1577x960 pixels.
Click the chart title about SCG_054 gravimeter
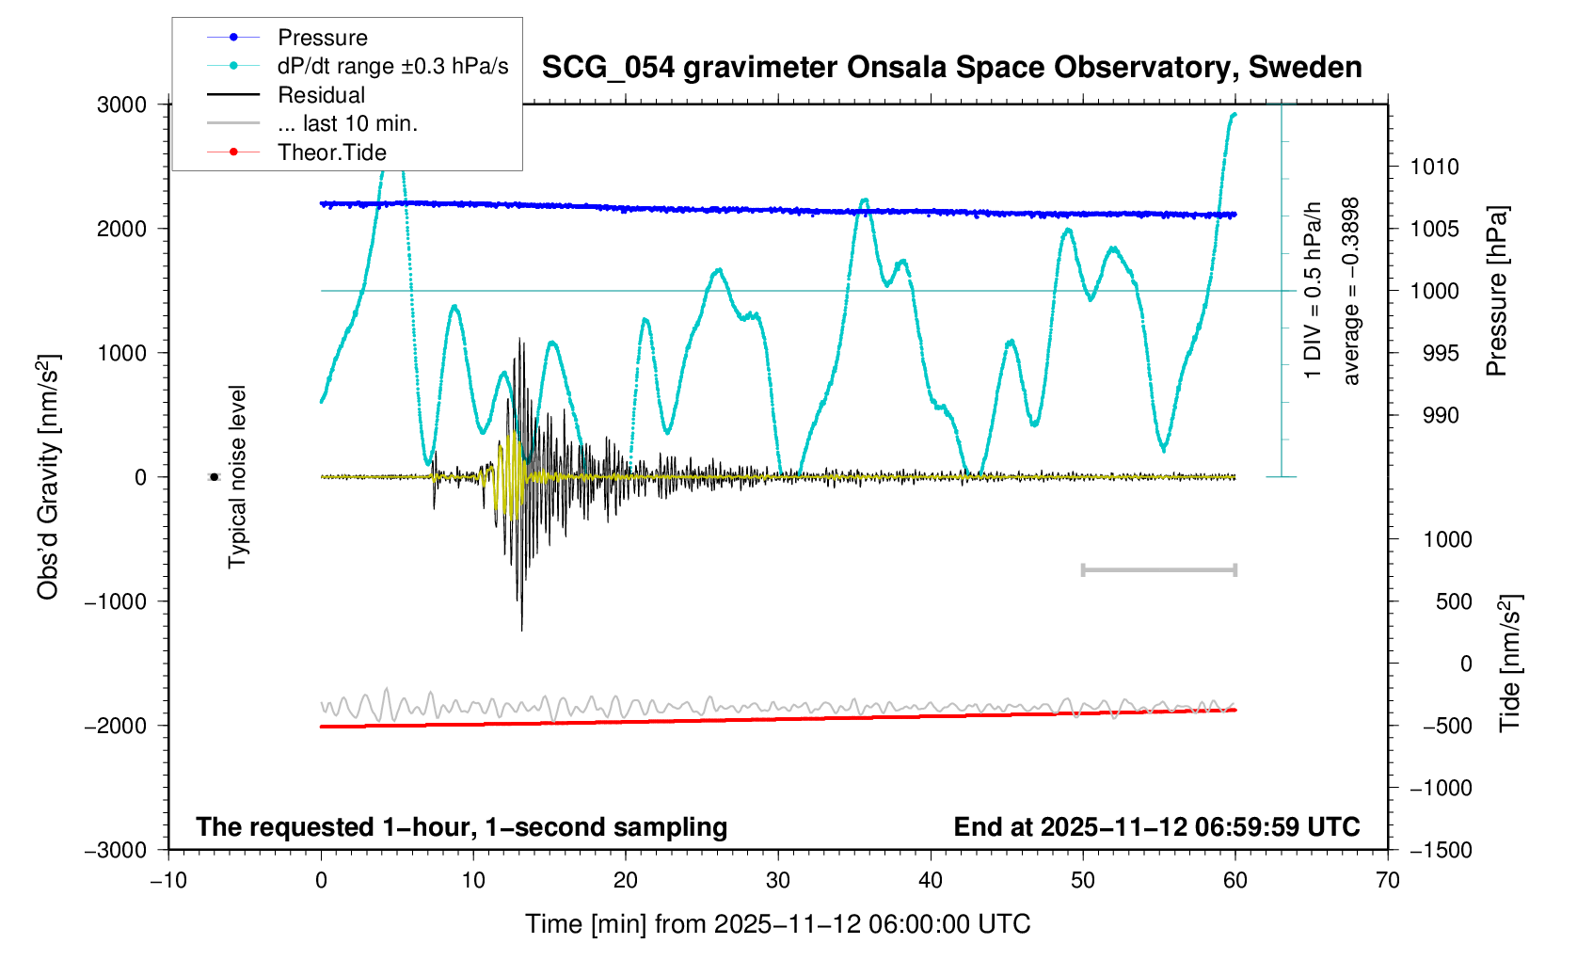[951, 68]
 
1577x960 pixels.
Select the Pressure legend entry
[322, 38]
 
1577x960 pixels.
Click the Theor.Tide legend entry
[331, 152]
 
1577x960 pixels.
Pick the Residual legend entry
[321, 95]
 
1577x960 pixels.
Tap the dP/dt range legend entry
[392, 67]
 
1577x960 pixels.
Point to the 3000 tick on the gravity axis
[122, 104]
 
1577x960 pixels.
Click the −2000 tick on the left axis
[116, 726]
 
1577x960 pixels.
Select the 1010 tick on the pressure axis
[1434, 167]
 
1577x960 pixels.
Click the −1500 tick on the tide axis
[1441, 850]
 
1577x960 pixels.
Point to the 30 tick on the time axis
[778, 880]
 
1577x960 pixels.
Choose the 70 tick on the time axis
[1388, 880]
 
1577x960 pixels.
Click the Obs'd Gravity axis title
[48, 477]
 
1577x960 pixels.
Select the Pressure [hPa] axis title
[1496, 291]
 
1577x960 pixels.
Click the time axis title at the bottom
[777, 924]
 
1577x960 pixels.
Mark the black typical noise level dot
[214, 477]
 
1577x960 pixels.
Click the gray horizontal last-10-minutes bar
[1158, 569]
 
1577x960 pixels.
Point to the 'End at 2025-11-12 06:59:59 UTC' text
[1156, 827]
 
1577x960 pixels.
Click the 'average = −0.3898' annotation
[1352, 291]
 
